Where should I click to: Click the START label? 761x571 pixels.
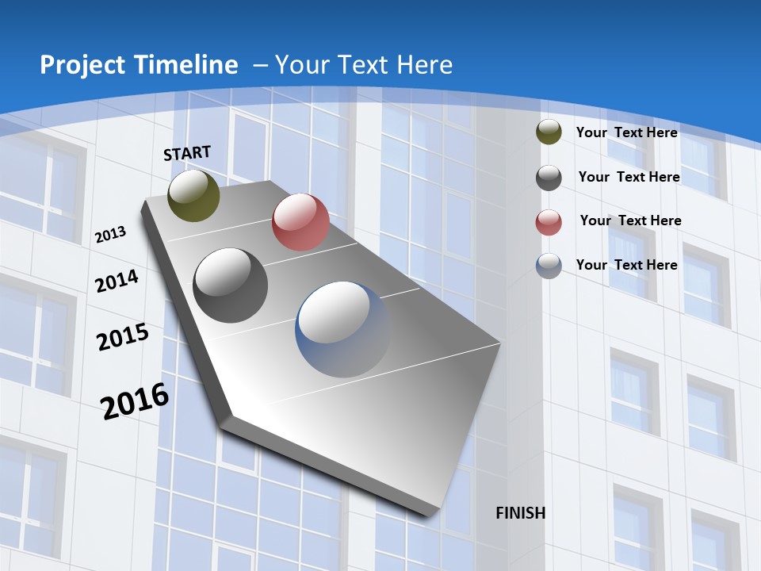[x=187, y=153]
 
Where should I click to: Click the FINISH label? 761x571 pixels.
[x=520, y=513]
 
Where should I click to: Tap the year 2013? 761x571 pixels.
[x=110, y=235]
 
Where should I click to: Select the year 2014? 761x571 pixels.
[x=117, y=282]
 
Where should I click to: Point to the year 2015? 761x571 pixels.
[x=122, y=337]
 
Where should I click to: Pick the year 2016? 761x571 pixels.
[x=135, y=400]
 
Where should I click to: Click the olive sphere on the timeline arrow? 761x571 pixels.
[x=193, y=195]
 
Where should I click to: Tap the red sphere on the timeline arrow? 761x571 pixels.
[x=300, y=222]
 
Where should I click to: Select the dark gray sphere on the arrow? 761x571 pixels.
[x=231, y=285]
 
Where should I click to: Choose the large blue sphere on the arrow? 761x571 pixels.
[x=343, y=329]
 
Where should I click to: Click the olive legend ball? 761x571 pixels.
[x=549, y=132]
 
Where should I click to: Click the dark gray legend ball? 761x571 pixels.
[x=549, y=178]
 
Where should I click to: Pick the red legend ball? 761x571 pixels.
[x=549, y=223]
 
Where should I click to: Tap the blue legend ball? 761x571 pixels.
[x=549, y=266]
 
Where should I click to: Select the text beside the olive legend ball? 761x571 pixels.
[x=626, y=132]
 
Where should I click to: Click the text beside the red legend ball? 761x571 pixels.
[x=630, y=220]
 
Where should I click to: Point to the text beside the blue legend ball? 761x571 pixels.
[x=626, y=265]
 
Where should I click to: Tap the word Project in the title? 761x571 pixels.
[x=80, y=65]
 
